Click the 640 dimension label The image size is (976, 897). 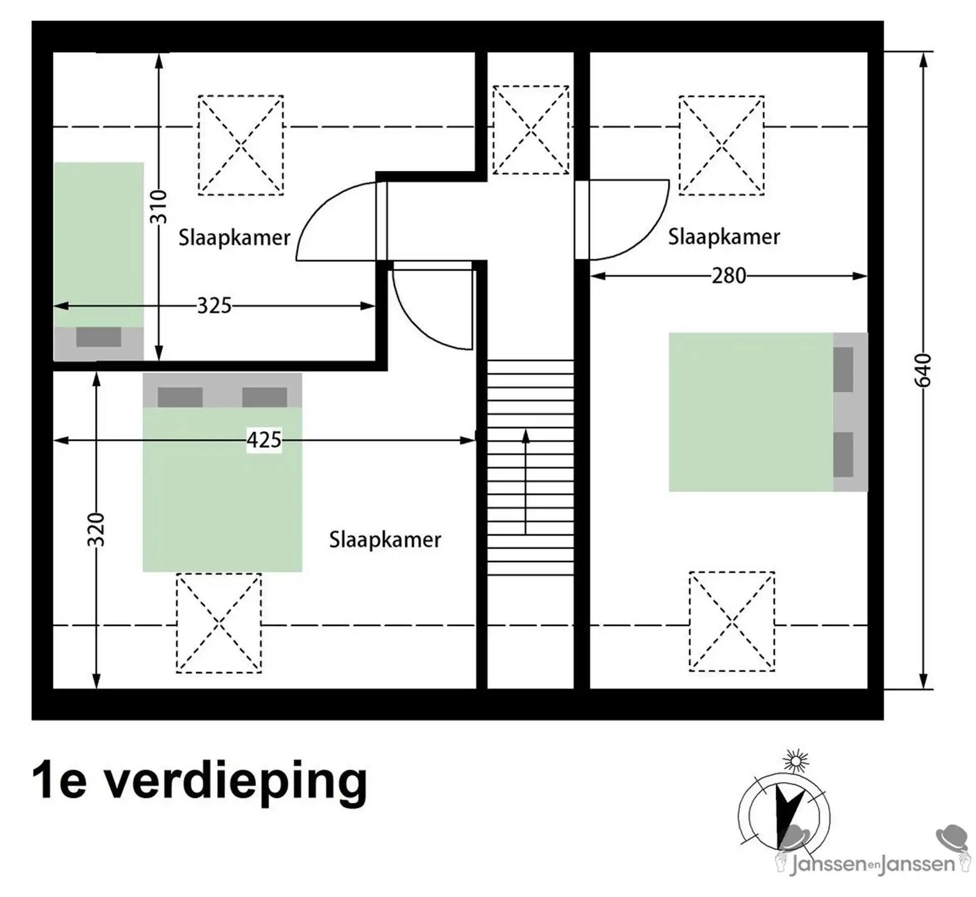924,371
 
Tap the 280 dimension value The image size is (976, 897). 728,276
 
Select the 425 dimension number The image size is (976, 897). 264,440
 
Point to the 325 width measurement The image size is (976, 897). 214,306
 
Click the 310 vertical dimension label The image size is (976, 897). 159,207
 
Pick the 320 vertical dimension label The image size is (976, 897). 96,530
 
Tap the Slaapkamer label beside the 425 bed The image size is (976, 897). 385,540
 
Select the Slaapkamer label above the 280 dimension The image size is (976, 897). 723,237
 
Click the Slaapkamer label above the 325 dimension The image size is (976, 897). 234,237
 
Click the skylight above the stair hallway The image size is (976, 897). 531,130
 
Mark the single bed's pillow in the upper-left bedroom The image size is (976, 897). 99,337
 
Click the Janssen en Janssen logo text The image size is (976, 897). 872,864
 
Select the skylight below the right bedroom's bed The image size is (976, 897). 731,622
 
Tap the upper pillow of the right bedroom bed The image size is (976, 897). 843,370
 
